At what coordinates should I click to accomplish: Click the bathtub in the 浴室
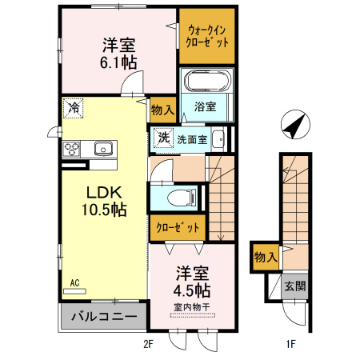pyautogui.click(x=207, y=82)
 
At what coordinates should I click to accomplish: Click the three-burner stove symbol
pyautogui.click(x=72, y=148)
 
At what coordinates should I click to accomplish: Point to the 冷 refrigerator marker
pyautogui.click(x=74, y=106)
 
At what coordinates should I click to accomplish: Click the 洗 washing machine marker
pyautogui.click(x=162, y=137)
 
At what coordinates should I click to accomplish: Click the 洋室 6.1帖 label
pyautogui.click(x=117, y=51)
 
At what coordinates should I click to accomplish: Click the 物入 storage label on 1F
pyautogui.click(x=265, y=258)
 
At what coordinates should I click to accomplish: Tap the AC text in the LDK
pyautogui.click(x=74, y=283)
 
